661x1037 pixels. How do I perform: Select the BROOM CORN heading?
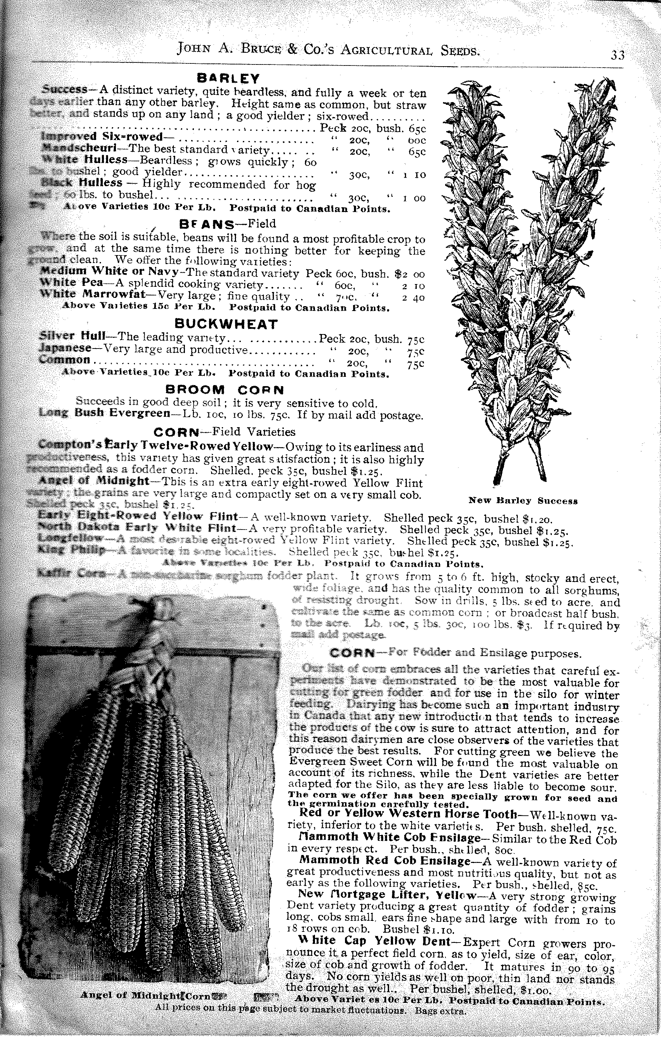tap(225, 390)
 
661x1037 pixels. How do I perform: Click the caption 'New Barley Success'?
tap(523, 501)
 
